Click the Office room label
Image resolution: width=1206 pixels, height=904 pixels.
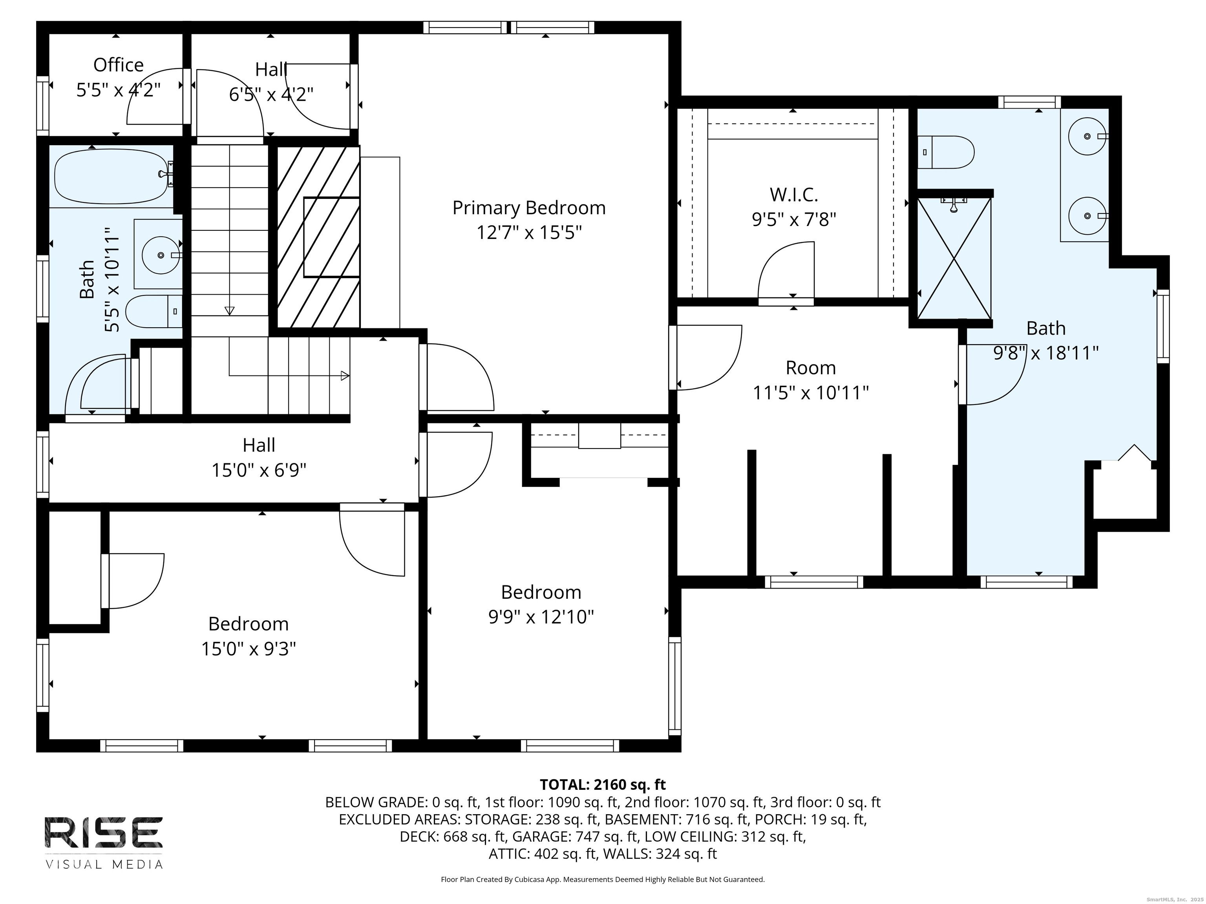coord(118,65)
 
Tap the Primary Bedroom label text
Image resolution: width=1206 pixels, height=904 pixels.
coord(529,208)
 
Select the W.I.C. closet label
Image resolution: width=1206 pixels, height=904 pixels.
coord(794,195)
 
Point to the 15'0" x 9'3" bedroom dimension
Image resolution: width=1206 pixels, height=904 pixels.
coord(249,649)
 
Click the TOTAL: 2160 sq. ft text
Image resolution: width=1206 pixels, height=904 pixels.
coord(603,785)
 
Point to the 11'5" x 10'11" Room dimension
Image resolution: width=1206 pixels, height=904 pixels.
coord(811,392)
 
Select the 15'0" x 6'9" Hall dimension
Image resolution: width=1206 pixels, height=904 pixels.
coord(259,470)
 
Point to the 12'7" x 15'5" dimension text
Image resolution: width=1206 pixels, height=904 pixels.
coord(529,233)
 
